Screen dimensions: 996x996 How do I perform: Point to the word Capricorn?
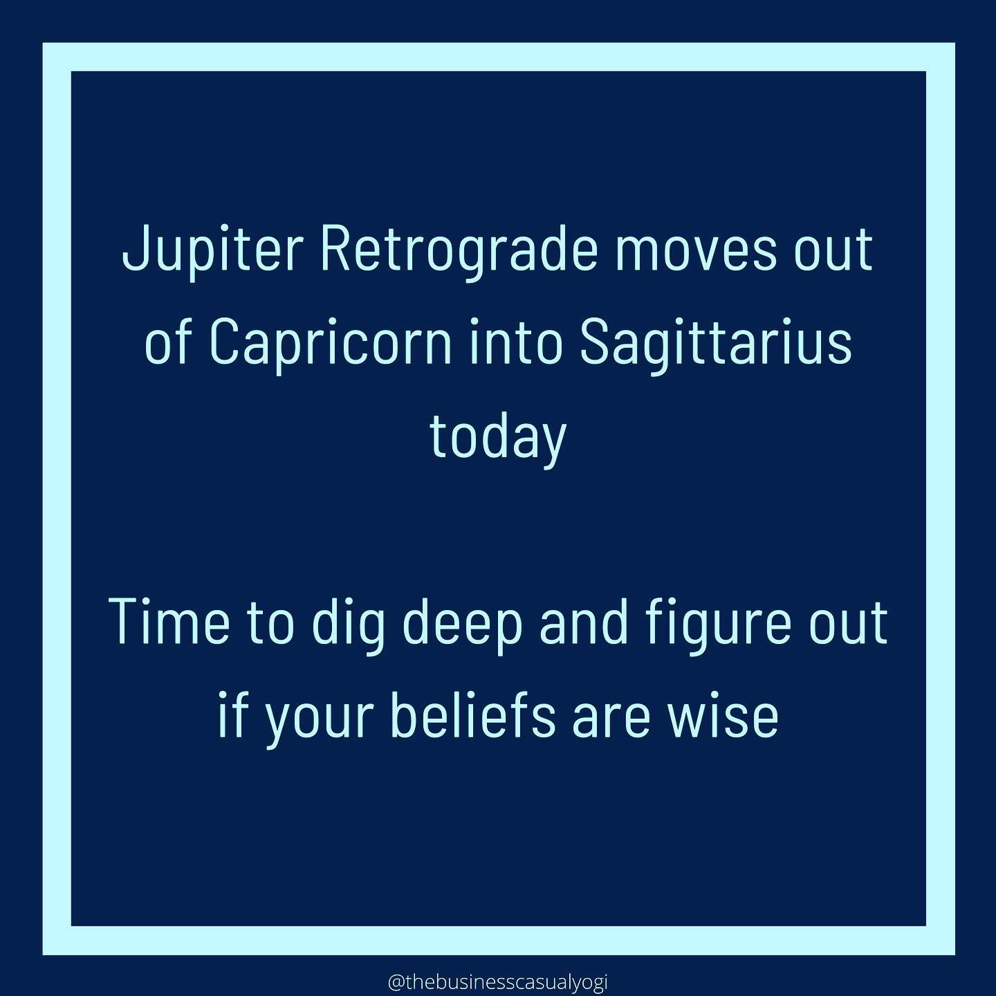(x=331, y=347)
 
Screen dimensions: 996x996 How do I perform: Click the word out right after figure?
(x=846, y=622)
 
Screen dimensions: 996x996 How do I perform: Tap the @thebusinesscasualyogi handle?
(x=497, y=982)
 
